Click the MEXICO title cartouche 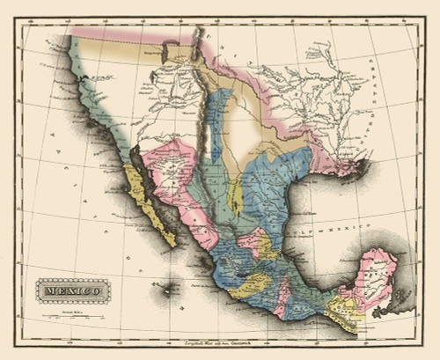tap(69, 289)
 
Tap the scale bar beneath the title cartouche tap(68, 309)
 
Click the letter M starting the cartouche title tap(44, 289)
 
